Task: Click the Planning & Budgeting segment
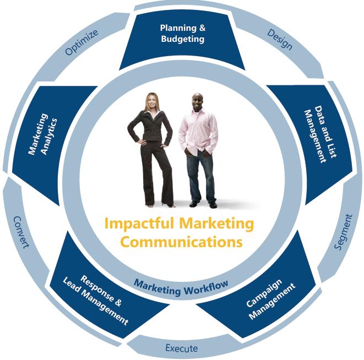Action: (x=182, y=34)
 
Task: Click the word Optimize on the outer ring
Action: (x=81, y=42)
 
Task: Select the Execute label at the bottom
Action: (x=181, y=348)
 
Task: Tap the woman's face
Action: (x=151, y=102)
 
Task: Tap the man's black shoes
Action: (x=203, y=204)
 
